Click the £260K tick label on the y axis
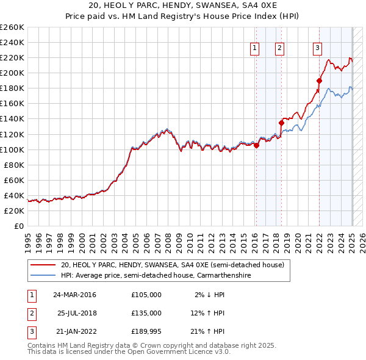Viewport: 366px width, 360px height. coord(12,27)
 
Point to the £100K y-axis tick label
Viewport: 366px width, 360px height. coord(12,149)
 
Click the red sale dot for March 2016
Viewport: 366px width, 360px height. coord(256,145)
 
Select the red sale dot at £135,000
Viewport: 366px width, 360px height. coord(282,123)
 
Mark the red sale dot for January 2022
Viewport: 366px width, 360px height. coord(320,81)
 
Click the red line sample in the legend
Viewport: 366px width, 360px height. coord(43,265)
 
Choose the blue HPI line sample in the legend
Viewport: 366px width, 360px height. coord(43,276)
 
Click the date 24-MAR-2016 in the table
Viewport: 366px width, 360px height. coord(74,295)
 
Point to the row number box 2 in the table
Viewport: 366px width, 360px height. coord(30,313)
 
